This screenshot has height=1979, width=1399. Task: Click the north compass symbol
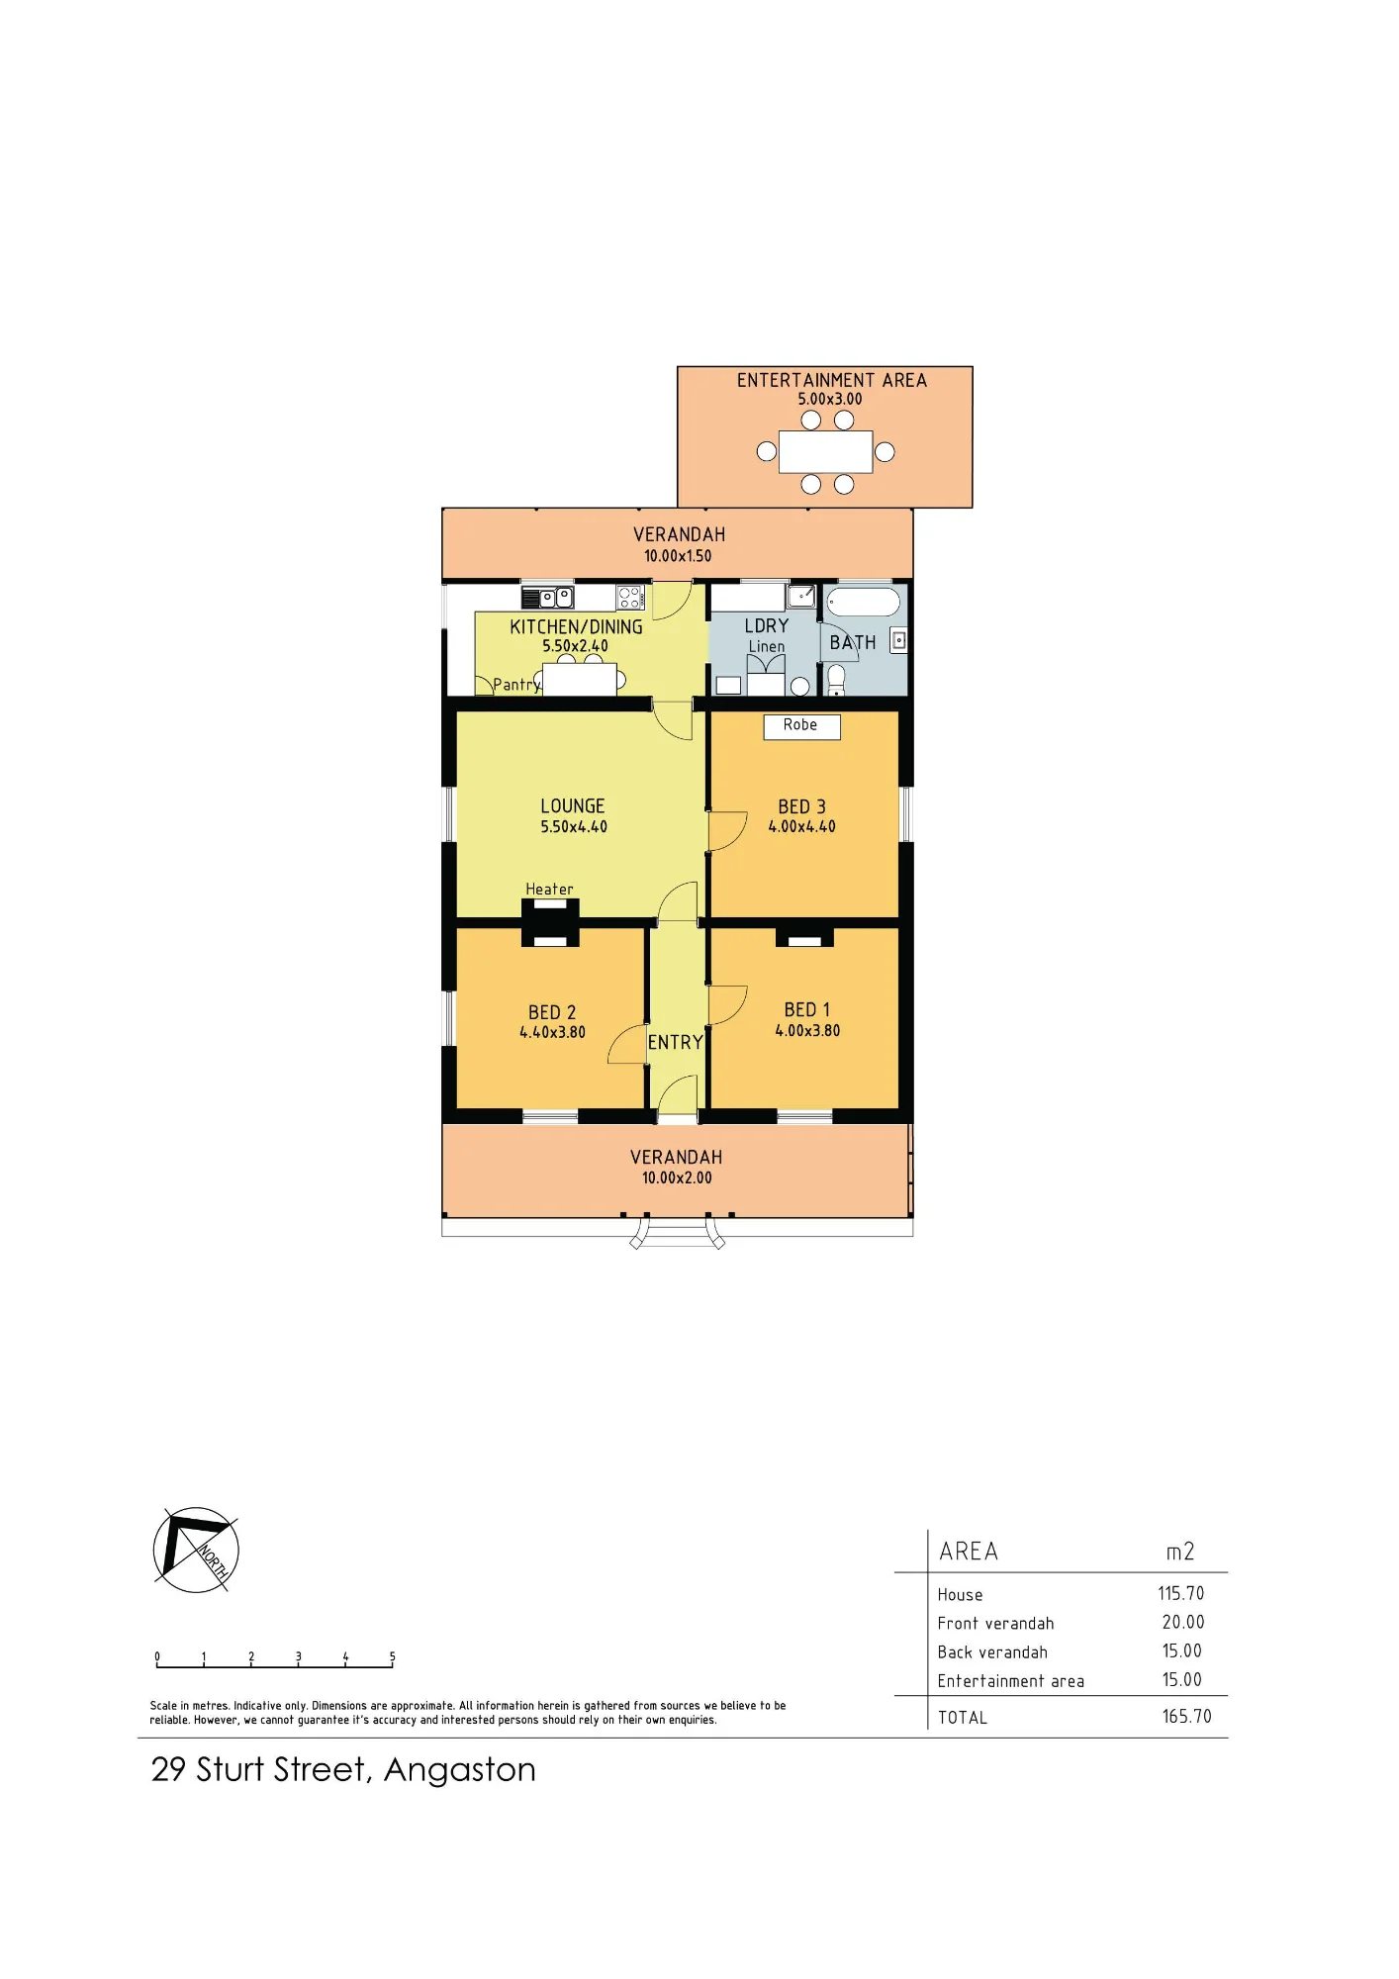pos(196,1550)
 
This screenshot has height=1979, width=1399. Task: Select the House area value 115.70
pos(1181,1593)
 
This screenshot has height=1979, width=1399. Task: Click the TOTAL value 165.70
pos(1186,1716)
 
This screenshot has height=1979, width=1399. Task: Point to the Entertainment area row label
pos(1010,1680)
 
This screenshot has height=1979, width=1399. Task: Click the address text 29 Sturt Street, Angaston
pos(343,1769)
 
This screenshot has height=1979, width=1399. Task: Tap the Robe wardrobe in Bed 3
pos(801,726)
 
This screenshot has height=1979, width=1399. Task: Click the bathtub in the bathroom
pos(864,603)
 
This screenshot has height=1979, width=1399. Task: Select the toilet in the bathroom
pos(836,680)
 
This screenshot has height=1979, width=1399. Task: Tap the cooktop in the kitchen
pos(630,597)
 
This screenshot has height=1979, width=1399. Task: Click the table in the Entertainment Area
pos(825,452)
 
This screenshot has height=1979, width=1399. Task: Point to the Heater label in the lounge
pos(549,890)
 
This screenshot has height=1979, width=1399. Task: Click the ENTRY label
pos(676,1042)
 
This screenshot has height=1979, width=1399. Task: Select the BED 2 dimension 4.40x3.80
pos(552,1032)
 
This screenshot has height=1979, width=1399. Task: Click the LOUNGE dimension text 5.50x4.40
pos(574,826)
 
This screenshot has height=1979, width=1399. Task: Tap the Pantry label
pos(517,685)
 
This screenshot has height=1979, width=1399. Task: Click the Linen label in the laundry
pos(767,646)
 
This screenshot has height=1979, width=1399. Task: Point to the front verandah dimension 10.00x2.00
pos(677,1178)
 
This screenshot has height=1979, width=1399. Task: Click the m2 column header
pos(1180,1551)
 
